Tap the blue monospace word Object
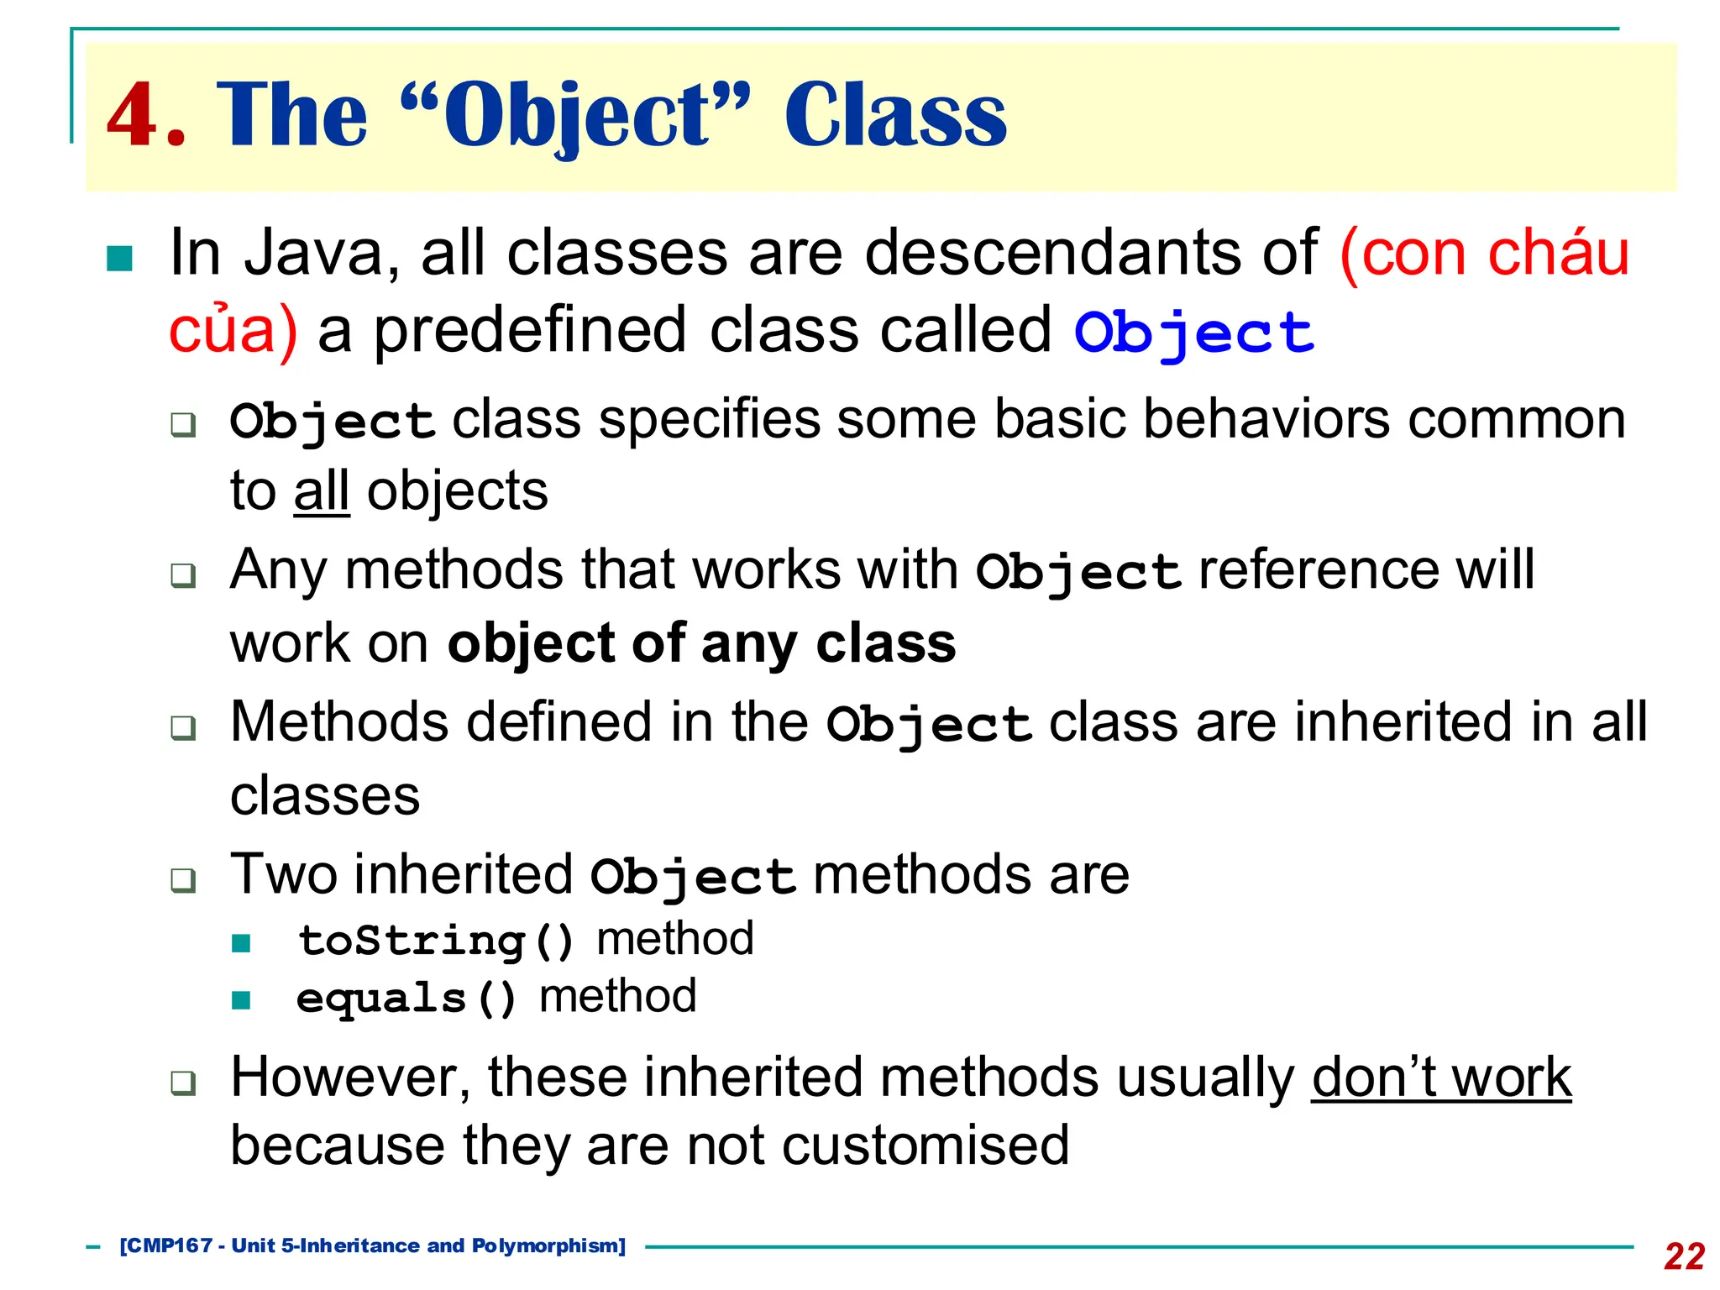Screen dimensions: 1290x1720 pyautogui.click(x=1193, y=333)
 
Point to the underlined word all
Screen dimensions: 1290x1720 pyautogui.click(x=321, y=491)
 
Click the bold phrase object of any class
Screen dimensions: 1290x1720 pyautogui.click(x=701, y=644)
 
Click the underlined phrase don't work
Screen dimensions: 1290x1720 pyautogui.click(x=1440, y=1078)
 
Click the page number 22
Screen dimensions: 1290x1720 pyautogui.click(x=1683, y=1256)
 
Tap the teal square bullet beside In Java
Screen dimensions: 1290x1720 pyautogui.click(x=120, y=259)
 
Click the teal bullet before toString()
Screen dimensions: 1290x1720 pyautogui.click(x=241, y=943)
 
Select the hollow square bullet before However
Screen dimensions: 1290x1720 pyautogui.click(x=183, y=1083)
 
